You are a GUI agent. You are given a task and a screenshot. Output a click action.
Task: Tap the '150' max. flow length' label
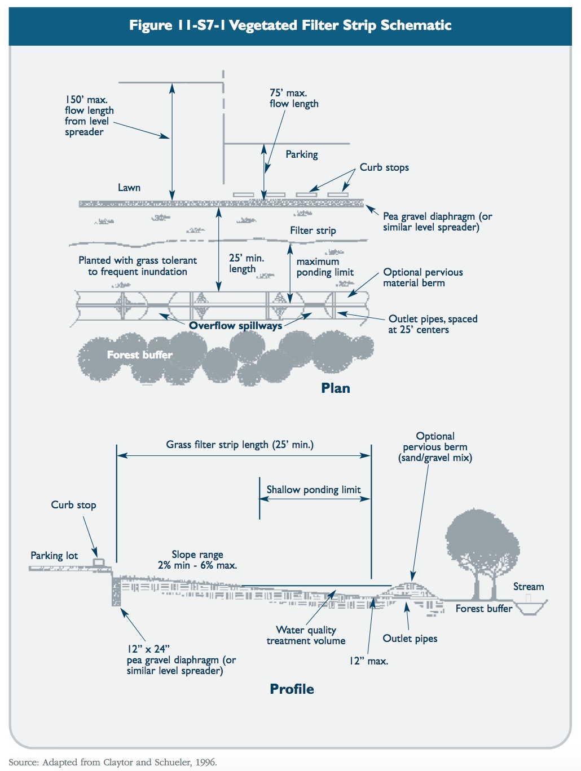(x=89, y=116)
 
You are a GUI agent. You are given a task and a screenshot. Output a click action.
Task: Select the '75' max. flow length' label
(x=293, y=98)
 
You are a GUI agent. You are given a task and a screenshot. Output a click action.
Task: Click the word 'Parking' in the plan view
(x=301, y=154)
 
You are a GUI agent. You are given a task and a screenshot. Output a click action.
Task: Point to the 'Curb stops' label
(x=384, y=167)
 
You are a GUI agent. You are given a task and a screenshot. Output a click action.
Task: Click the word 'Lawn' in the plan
(x=129, y=188)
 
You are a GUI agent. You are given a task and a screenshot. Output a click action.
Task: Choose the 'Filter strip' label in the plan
(x=312, y=231)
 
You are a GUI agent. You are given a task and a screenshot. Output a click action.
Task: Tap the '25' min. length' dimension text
(x=246, y=263)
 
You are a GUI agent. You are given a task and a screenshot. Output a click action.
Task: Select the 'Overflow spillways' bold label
(x=235, y=326)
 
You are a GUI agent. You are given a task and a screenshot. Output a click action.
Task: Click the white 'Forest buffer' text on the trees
(x=139, y=355)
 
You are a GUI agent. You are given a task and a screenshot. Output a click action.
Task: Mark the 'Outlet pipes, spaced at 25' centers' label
(x=432, y=324)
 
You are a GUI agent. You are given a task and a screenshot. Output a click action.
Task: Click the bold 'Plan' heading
(x=336, y=388)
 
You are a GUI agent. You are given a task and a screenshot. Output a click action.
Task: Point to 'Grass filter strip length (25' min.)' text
(x=240, y=445)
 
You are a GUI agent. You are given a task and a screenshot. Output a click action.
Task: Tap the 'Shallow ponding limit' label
(x=313, y=490)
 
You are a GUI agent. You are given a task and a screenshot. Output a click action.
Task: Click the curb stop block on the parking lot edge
(x=99, y=562)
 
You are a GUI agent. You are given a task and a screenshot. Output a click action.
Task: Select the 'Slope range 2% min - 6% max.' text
(x=197, y=560)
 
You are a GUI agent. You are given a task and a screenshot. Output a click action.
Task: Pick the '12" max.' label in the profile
(x=368, y=661)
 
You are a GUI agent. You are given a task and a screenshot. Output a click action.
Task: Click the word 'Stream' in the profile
(x=528, y=587)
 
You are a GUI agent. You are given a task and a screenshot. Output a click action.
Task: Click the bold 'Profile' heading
(x=292, y=689)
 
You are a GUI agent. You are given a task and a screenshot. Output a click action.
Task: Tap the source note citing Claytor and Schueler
(x=113, y=762)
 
